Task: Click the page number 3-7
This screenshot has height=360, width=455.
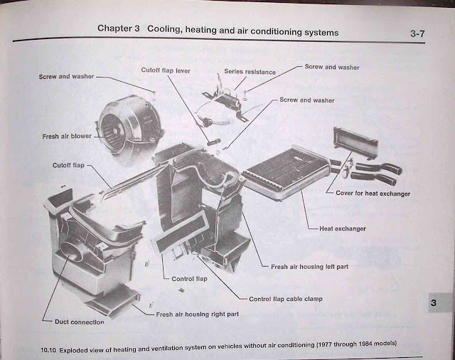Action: [420, 33]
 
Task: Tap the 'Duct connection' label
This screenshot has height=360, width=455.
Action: [79, 322]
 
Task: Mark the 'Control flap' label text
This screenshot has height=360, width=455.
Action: [189, 279]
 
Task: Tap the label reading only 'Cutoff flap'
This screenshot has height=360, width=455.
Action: [68, 165]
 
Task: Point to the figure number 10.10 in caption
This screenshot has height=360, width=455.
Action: [48, 350]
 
